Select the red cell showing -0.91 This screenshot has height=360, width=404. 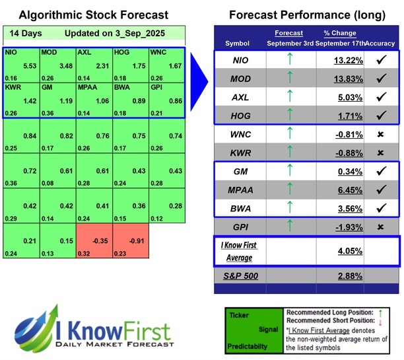[x=129, y=242]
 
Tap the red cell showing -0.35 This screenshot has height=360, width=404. [x=93, y=242]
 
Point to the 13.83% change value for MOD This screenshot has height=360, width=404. [x=340, y=79]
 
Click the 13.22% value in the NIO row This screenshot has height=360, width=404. [x=340, y=60]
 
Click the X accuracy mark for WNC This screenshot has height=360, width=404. [x=380, y=134]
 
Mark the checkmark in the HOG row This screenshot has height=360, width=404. [x=380, y=116]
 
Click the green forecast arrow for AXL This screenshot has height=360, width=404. [x=288, y=97]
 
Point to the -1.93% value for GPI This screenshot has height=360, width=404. [x=340, y=227]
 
